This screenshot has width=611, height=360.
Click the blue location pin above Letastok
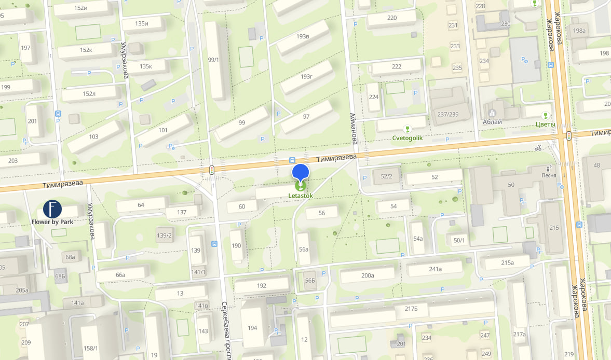(301, 172)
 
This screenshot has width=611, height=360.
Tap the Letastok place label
(301, 196)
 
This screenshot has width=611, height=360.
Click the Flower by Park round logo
(52, 209)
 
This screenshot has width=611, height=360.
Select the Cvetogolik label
(407, 137)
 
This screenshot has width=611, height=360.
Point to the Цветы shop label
(545, 124)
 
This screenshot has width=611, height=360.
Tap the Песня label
(549, 175)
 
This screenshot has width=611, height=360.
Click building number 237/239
(448, 114)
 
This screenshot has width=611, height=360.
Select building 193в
(303, 36)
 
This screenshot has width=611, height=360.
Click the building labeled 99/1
(213, 60)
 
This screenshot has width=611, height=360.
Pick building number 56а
(304, 249)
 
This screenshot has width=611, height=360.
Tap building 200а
(368, 275)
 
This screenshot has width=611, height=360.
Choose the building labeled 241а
(435, 269)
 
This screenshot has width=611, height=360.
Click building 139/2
(165, 235)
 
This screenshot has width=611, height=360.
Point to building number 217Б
(411, 309)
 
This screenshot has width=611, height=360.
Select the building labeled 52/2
(386, 176)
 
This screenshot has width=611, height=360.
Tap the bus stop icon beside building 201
(58, 113)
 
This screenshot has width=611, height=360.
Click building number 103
(93, 137)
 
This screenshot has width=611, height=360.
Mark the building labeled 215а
(507, 262)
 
